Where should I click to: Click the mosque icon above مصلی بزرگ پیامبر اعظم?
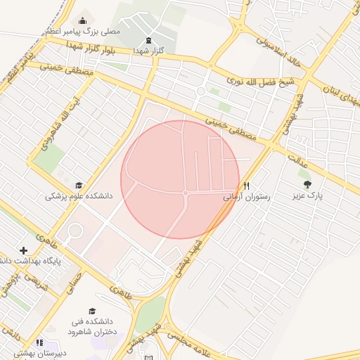coord(84,20)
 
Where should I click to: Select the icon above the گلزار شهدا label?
coord(148,40)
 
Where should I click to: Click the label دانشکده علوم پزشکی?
coord(79,196)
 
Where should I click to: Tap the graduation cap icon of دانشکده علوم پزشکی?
coord(78,185)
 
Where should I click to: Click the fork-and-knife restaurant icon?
coord(246,186)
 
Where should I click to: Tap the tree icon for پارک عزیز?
coord(307,185)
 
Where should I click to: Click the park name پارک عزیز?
coord(307,196)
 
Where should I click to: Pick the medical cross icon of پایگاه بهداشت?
coord(24,250)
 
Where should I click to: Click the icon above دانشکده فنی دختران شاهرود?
coord(91,311)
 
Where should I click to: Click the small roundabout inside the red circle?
coord(186,193)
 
